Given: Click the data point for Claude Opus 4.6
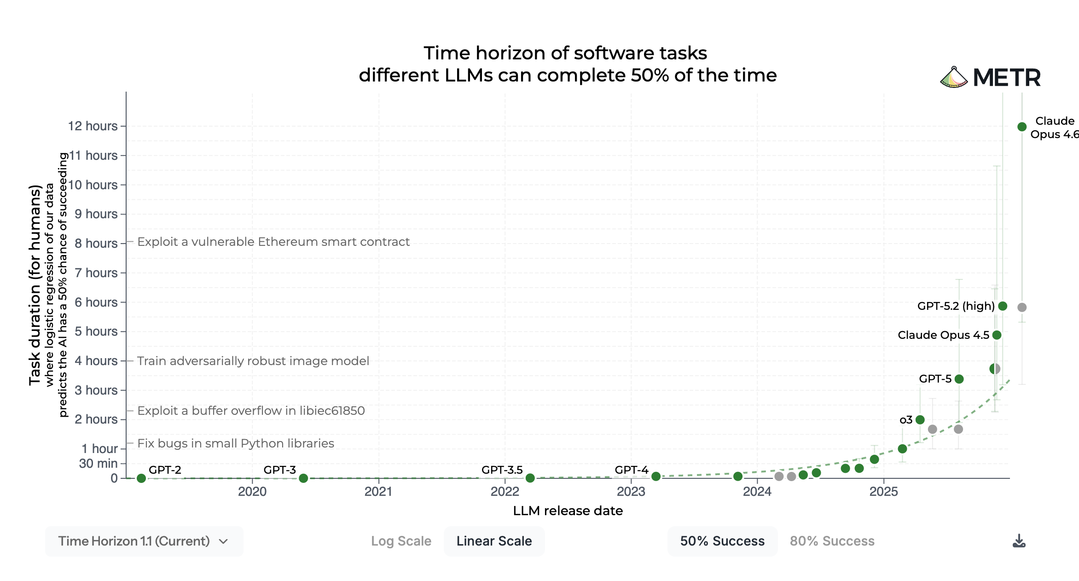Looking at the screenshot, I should click(x=1022, y=127).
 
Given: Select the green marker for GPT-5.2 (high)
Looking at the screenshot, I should click(x=1003, y=306).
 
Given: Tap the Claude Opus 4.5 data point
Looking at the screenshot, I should click(x=997, y=335).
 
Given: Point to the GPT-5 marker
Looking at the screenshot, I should click(x=959, y=379).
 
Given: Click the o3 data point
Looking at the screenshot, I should click(x=920, y=419).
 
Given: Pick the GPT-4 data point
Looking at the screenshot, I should click(x=656, y=476).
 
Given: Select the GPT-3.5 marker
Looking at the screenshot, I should click(x=530, y=478).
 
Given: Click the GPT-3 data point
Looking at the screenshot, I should click(x=303, y=478).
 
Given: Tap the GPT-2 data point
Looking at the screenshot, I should click(x=141, y=478).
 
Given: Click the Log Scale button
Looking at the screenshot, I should click(x=401, y=541).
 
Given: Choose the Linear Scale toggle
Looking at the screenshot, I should click(x=494, y=541).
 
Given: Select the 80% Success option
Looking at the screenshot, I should click(x=832, y=541).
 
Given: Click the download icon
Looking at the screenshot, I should click(x=1019, y=541).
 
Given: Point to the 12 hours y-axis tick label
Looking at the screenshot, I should click(x=93, y=126).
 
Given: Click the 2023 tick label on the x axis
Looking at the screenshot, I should click(x=631, y=492).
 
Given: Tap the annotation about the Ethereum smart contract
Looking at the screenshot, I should click(x=273, y=242).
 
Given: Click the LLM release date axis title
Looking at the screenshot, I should click(x=568, y=511).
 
